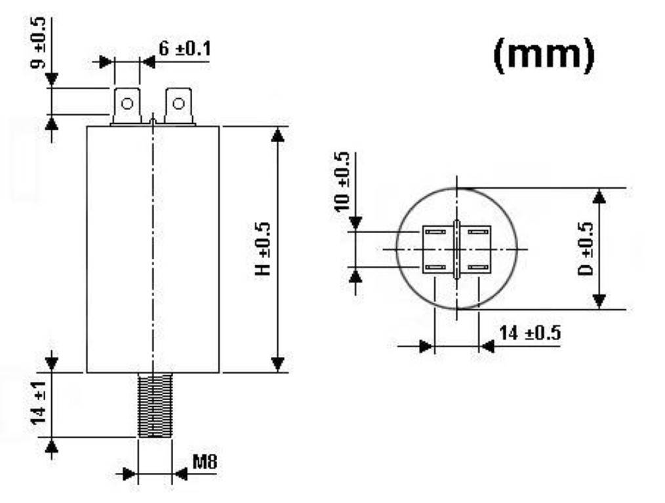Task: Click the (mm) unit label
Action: pos(544,56)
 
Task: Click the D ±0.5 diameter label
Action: pos(586,250)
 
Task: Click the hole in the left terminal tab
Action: pos(127,103)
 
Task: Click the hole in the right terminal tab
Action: pos(178,103)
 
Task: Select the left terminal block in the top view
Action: pos(437,251)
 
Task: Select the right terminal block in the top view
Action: pos(476,251)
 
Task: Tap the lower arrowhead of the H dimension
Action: pos(278,364)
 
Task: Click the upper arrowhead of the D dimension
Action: pos(599,196)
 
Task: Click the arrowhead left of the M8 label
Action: pos(131,473)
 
